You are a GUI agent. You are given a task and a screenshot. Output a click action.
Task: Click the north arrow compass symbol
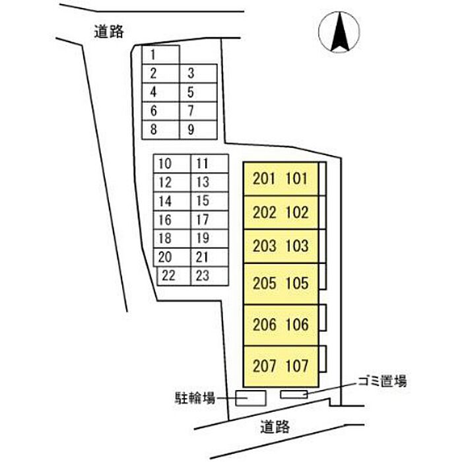tap(339, 32)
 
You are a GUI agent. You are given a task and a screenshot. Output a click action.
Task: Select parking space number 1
tap(160, 55)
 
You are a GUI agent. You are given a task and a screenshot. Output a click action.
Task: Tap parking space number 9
tap(198, 129)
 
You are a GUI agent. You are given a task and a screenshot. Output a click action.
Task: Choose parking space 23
tap(209, 276)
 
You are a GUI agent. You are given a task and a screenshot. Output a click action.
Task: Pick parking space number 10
tap(172, 164)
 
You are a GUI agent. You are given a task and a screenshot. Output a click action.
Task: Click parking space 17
tap(209, 220)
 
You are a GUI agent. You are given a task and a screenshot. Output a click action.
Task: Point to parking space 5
tap(198, 92)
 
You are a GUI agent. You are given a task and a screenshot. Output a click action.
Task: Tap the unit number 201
tap(264, 179)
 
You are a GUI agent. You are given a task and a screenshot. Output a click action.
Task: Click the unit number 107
tap(297, 366)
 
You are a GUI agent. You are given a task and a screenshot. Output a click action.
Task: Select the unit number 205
tap(264, 283)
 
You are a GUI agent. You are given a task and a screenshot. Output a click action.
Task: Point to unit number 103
tap(297, 246)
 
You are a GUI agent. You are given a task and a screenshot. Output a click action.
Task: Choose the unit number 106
tap(297, 325)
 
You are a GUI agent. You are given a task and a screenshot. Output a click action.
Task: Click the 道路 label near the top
tap(109, 31)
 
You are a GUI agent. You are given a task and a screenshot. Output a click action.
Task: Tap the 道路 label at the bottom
tap(275, 426)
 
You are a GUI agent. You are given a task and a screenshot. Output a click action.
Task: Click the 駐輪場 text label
tap(195, 398)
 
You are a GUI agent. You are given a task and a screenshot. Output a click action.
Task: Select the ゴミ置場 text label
tap(382, 381)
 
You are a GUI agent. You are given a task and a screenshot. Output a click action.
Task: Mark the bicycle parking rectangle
tap(251, 398)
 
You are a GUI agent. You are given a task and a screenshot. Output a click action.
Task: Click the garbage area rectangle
tap(294, 394)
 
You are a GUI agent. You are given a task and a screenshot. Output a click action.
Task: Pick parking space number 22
tap(174, 276)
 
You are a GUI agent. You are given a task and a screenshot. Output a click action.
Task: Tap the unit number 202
tap(264, 212)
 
